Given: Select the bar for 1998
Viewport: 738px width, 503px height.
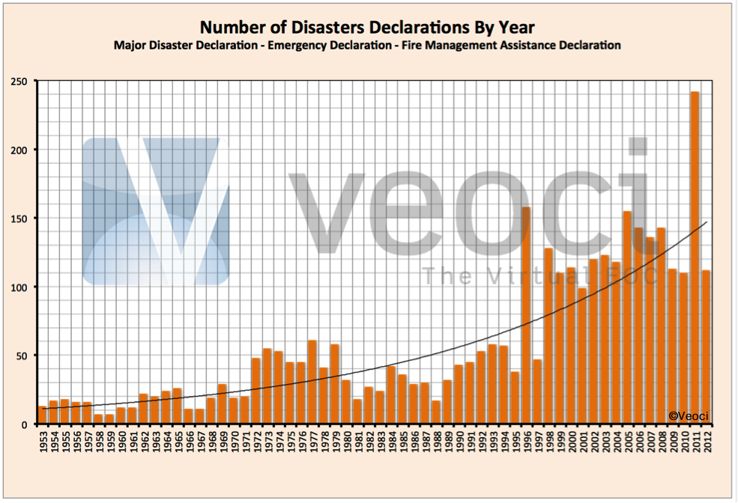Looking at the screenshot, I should tap(548, 336).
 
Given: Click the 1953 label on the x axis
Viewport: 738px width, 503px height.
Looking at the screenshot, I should tap(43, 442).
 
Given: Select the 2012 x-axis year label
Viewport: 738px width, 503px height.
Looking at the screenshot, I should tap(706, 442).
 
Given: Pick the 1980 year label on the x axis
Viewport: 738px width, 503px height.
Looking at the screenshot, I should tap(346, 442).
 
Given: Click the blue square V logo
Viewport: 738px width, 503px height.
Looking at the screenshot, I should tap(155, 211).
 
